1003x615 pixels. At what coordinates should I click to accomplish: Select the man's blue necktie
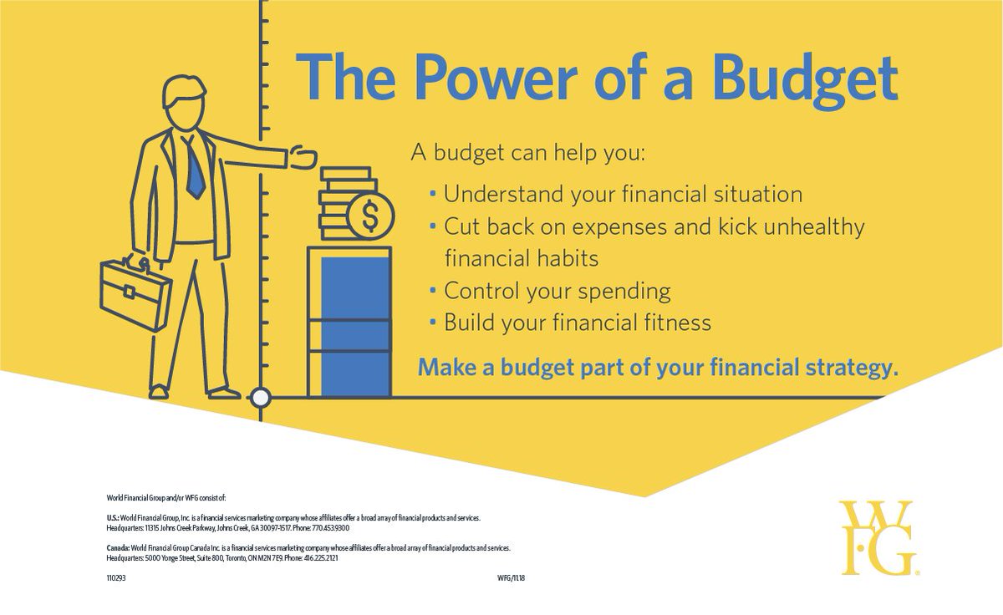(194, 168)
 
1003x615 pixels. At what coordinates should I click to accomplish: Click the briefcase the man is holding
(135, 292)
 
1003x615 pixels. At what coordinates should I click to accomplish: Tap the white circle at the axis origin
(261, 397)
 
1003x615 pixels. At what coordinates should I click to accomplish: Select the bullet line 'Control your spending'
(557, 292)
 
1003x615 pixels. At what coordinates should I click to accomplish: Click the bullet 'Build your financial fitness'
(577, 323)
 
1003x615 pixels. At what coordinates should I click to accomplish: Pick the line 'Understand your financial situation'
(623, 195)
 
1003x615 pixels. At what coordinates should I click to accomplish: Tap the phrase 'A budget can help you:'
(529, 154)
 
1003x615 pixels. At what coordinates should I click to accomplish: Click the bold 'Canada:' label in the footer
(119, 547)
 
